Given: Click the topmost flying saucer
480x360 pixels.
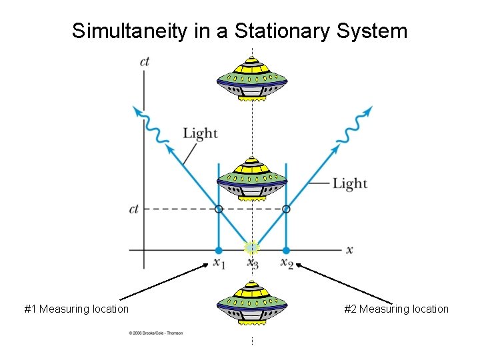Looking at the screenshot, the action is point(252,79).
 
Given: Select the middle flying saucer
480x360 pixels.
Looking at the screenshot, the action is point(252,179).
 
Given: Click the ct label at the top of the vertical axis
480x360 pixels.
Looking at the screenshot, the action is point(145,62).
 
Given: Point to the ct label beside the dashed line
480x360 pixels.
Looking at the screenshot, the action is point(134,209).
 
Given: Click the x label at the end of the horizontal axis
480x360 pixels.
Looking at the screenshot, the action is point(349,250).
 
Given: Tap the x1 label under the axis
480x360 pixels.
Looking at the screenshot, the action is point(219,263).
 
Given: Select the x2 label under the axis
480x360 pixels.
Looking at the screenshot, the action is point(287,263).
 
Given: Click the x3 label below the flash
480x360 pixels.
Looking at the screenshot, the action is point(253,263).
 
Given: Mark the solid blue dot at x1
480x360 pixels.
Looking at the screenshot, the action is point(219,251).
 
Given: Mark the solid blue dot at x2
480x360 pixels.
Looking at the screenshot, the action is point(286,251).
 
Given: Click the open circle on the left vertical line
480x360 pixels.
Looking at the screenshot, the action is point(219,209).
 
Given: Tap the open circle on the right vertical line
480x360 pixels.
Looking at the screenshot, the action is point(286,209).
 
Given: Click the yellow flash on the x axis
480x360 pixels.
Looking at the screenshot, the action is point(251,249).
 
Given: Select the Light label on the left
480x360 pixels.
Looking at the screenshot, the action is point(200,133).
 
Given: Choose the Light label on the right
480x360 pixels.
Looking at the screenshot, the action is point(350,183).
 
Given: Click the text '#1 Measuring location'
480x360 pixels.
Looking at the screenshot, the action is point(77,309).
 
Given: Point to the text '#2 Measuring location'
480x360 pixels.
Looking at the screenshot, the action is point(397,309).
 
